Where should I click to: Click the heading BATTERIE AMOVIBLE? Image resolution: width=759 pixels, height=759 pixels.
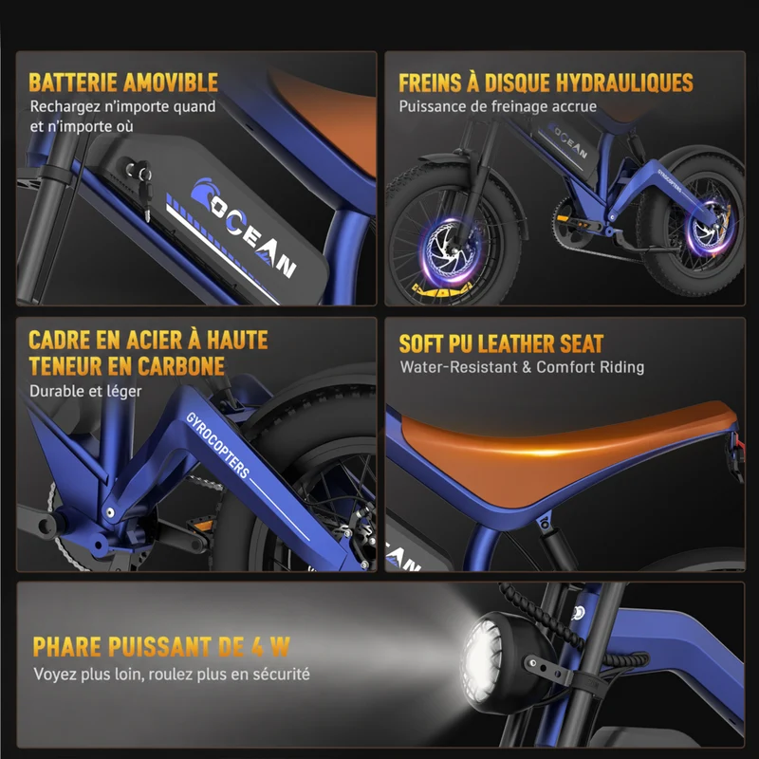(x=123, y=83)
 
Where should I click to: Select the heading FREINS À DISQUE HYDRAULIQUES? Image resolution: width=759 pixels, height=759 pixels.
(x=546, y=83)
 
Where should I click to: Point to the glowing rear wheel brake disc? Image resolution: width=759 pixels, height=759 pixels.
(x=711, y=227)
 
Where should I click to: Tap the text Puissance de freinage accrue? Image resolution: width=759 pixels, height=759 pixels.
(x=497, y=106)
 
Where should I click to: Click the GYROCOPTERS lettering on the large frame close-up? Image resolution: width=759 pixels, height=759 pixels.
(x=218, y=445)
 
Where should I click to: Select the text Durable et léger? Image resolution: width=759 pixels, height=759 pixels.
(x=85, y=391)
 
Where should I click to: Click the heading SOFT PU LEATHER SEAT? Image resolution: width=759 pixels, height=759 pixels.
(x=501, y=343)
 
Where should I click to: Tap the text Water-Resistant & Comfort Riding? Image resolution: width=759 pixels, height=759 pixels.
(x=522, y=367)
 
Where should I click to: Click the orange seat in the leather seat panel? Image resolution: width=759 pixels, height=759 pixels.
(x=557, y=450)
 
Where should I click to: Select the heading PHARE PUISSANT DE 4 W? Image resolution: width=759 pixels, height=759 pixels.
(x=161, y=647)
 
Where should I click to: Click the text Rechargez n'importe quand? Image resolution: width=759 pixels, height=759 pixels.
(x=123, y=107)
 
